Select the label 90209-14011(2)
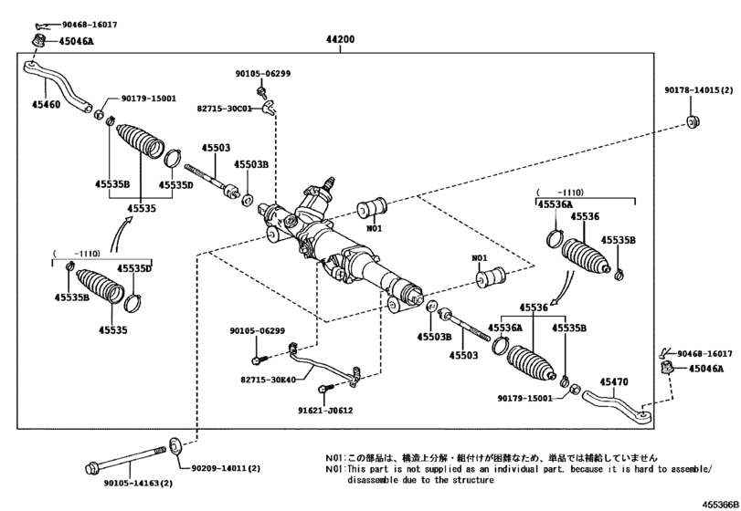click(x=225, y=468)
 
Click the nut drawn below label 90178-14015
click(x=692, y=121)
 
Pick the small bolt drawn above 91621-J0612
click(x=323, y=391)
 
